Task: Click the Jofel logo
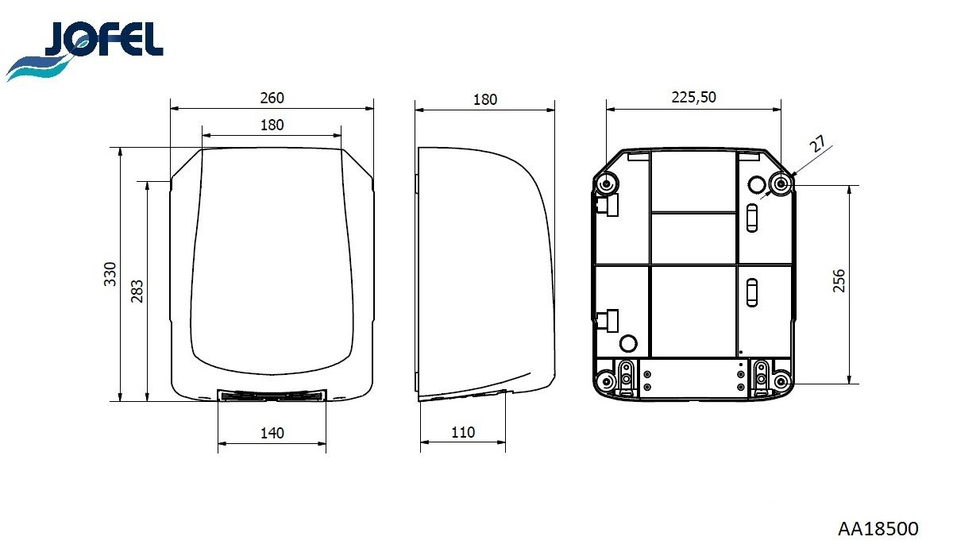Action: click(84, 50)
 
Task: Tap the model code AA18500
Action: click(878, 529)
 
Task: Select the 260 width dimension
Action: click(272, 98)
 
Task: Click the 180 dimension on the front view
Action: click(272, 125)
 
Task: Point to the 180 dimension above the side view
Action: click(485, 99)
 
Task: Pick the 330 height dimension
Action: click(110, 274)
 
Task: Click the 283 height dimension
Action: click(137, 291)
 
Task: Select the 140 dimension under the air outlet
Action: click(272, 433)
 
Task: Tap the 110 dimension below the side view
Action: click(462, 432)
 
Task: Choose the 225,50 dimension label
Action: click(693, 98)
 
